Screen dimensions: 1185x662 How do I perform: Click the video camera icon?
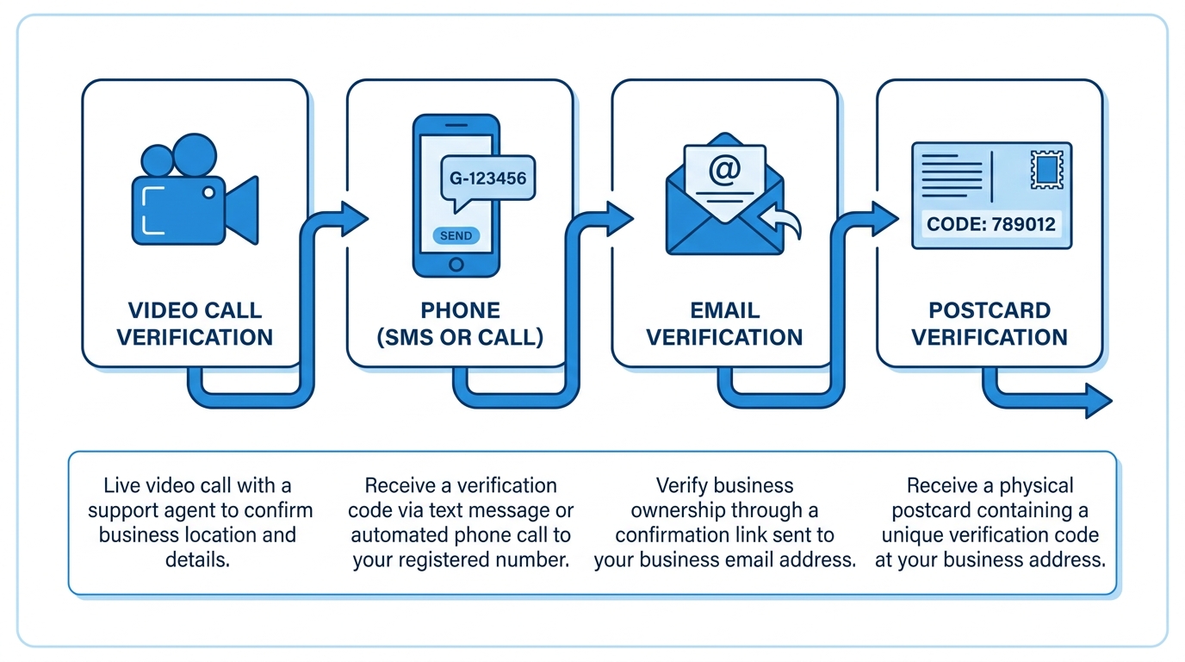coord(195,190)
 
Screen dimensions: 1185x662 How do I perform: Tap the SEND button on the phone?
coord(456,235)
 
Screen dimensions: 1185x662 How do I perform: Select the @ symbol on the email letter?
coord(724,170)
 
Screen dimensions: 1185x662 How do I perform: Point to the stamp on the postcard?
coord(1047,170)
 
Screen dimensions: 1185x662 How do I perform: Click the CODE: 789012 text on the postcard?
coord(991,225)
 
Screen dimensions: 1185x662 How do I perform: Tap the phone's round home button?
coord(456,264)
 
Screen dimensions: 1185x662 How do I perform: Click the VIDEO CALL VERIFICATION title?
coord(195,323)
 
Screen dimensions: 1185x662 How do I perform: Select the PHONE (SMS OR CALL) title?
coord(460,323)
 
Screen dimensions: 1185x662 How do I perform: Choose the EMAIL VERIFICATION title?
coord(724,323)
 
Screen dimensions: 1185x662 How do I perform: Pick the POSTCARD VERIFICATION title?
coord(990,323)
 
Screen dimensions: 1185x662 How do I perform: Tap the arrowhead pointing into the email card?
coord(619,218)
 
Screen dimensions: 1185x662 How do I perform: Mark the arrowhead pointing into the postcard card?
coord(884,218)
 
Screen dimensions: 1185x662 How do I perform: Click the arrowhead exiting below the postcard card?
coord(1098,401)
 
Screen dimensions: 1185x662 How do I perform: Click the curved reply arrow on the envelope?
coord(782,221)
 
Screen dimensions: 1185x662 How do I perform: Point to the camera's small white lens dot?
coord(209,192)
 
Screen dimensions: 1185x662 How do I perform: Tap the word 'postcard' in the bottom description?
coord(931,510)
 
